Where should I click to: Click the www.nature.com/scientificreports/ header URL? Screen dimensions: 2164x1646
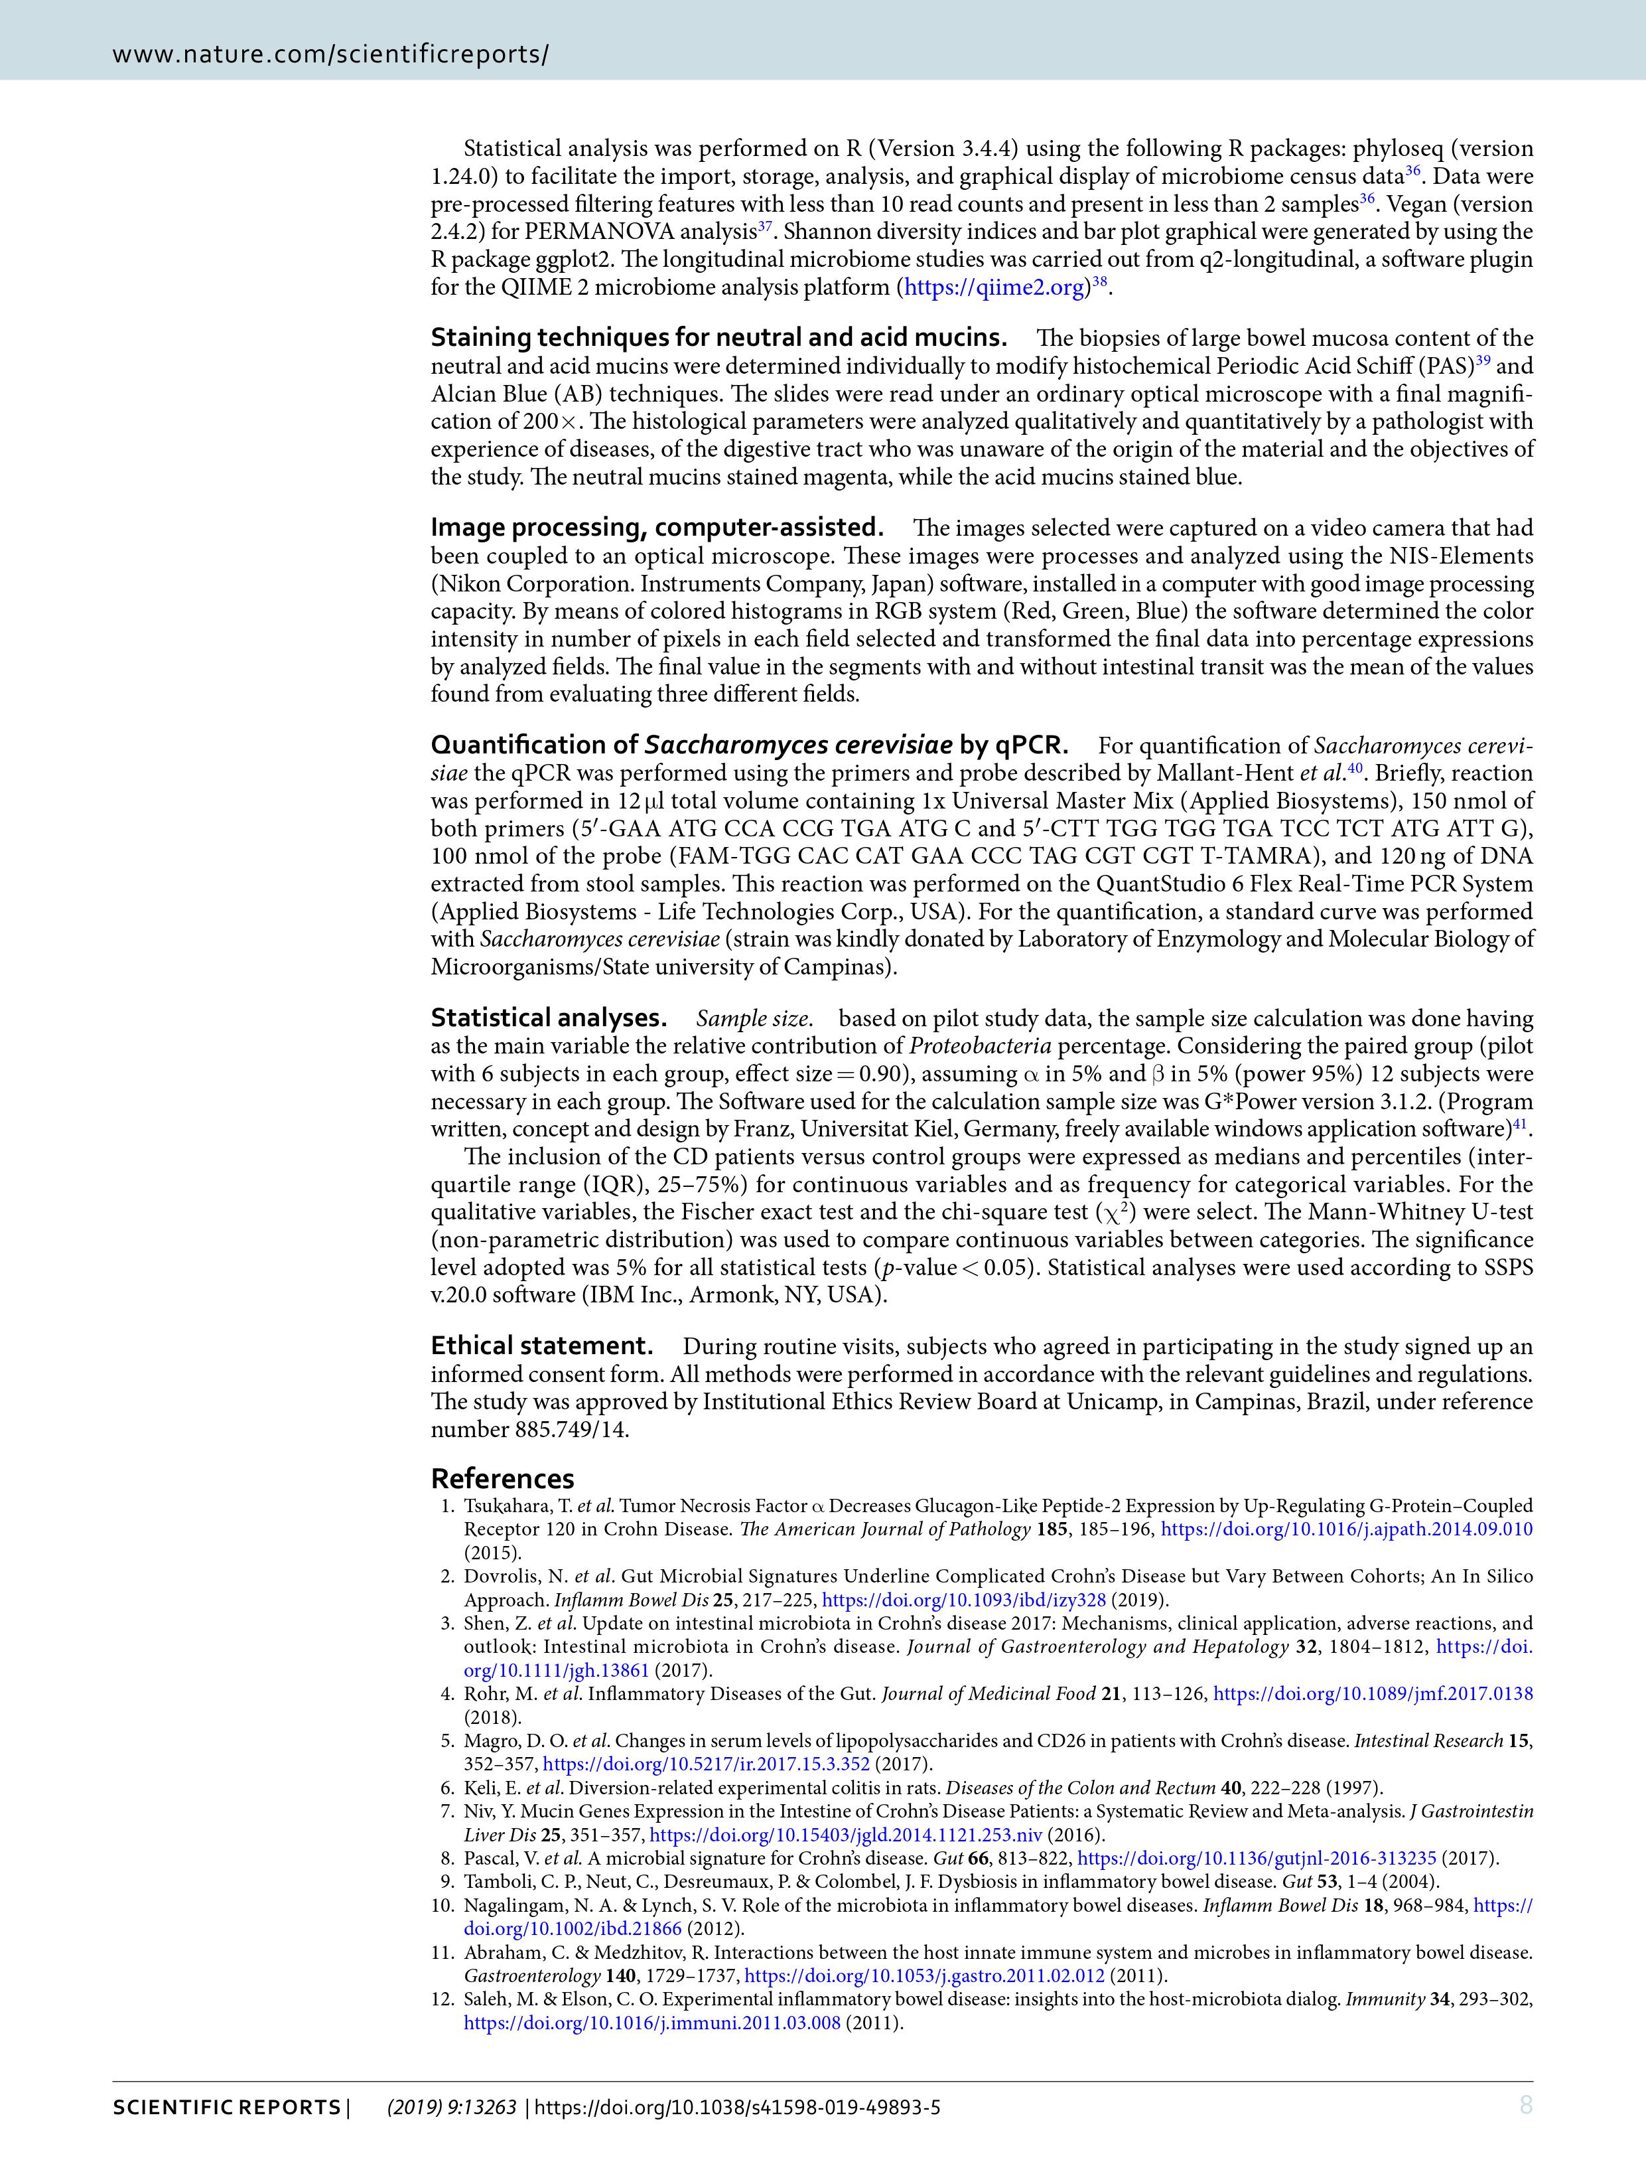point(330,54)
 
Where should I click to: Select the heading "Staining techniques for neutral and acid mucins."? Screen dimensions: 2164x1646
point(718,338)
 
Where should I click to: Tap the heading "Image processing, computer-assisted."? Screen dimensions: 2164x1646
point(656,527)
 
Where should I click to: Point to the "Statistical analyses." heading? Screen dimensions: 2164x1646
point(549,1018)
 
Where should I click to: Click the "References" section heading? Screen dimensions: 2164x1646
point(503,1478)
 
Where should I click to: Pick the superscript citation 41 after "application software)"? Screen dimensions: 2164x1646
point(1521,1123)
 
